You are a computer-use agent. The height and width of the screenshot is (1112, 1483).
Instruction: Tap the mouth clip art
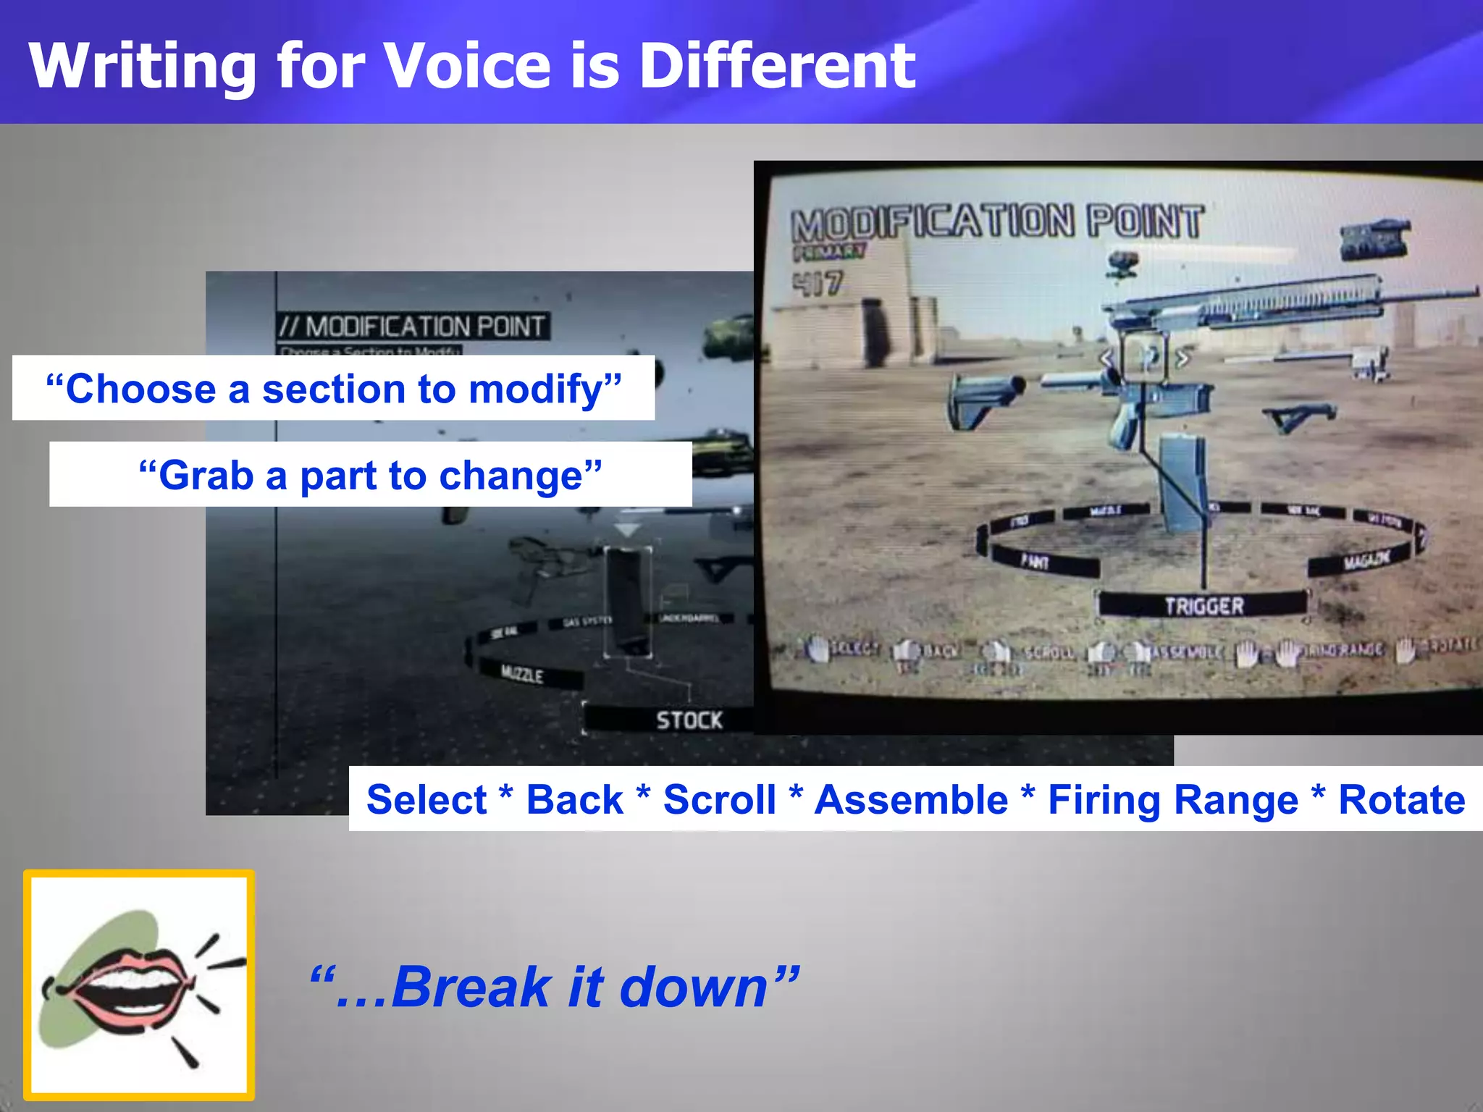138,985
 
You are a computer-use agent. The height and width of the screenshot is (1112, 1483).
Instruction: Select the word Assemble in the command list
911,800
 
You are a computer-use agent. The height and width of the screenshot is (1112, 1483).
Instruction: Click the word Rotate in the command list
1401,800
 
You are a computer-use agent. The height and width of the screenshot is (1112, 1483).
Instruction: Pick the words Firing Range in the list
1172,800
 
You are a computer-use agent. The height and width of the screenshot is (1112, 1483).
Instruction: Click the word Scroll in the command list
719,800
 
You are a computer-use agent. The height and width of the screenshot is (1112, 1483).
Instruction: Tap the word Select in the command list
427,800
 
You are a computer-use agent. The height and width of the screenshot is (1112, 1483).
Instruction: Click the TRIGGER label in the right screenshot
1203,605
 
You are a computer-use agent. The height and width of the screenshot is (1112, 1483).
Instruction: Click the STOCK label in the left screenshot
689,720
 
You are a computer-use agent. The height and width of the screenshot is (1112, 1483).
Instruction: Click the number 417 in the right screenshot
818,283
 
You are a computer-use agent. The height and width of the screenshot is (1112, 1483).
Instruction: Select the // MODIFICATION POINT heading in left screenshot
413,327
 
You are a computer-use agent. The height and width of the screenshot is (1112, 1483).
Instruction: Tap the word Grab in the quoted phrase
205,476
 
